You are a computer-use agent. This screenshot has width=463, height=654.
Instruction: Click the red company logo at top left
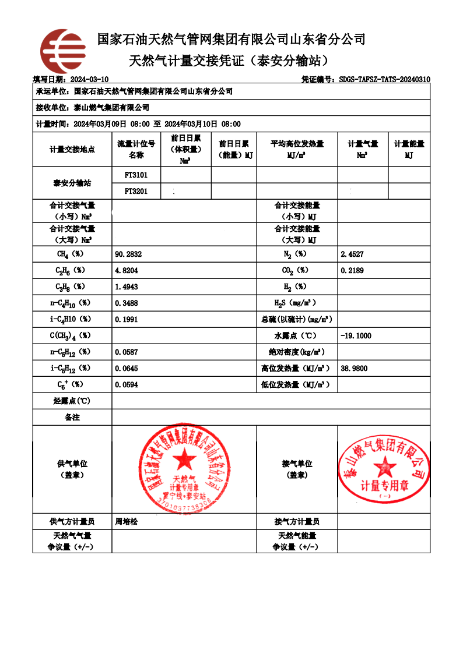62,51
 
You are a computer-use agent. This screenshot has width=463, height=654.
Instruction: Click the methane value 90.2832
129,254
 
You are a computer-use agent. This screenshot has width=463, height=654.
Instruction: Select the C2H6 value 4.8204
127,271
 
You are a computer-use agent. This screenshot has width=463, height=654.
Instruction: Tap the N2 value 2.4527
352,254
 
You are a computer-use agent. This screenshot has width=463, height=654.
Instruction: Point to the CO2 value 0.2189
352,271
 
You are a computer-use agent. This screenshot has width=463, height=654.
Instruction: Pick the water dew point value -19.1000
356,336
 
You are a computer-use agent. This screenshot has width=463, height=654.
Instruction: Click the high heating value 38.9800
354,369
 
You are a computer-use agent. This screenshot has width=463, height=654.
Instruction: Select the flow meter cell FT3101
136,175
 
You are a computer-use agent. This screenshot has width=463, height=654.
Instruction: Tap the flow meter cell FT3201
136,190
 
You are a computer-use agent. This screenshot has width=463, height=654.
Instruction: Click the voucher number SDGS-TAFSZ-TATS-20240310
384,79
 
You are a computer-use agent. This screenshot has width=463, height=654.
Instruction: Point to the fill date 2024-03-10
89,79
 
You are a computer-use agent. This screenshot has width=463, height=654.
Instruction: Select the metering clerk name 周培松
127,522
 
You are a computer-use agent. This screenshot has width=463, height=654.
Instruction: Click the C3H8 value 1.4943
127,287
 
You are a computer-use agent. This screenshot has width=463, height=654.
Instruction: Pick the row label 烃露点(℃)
72,401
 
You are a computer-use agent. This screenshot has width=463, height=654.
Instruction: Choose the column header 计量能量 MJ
409,150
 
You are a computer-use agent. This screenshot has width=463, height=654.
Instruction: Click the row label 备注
72,418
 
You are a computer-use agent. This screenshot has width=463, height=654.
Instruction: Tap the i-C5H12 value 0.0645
127,369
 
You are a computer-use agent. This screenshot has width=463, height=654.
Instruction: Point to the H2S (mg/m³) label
296,303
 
